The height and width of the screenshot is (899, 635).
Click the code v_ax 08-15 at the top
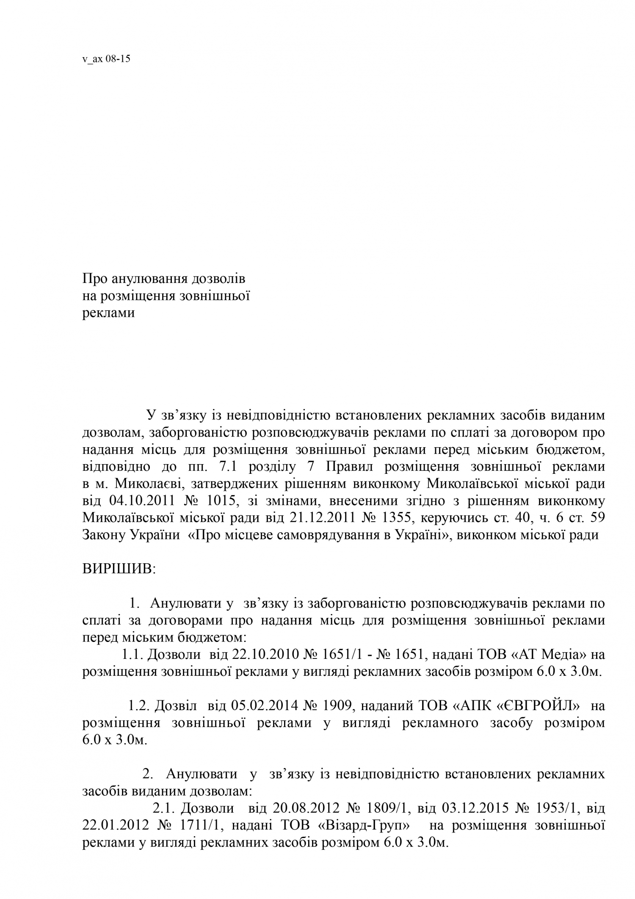(x=106, y=59)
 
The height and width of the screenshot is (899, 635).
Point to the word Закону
(x=105, y=535)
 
